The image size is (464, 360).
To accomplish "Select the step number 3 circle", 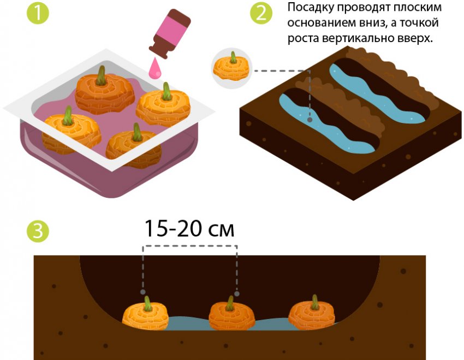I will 38,231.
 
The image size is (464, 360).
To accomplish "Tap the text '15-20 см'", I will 189,228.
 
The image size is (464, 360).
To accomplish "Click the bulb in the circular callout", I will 232,67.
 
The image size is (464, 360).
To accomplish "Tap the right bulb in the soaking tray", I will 163,107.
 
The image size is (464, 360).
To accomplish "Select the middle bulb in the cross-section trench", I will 232,315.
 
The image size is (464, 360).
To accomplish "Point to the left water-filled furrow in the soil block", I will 327,125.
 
